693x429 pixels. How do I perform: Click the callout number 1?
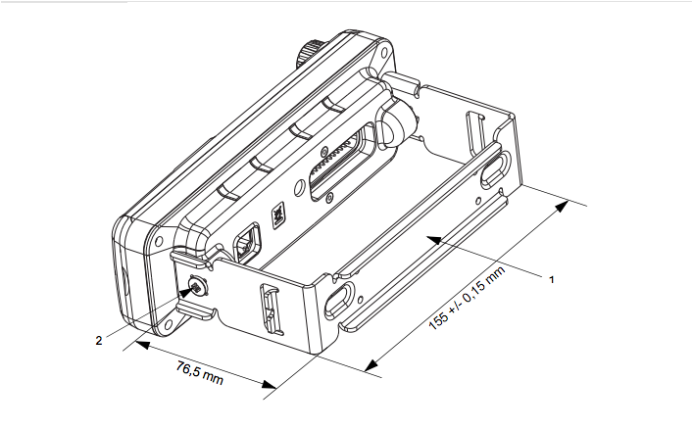pyautogui.click(x=551, y=279)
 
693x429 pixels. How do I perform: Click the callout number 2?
pyautogui.click(x=99, y=340)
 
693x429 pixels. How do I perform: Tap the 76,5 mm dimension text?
pyautogui.click(x=199, y=372)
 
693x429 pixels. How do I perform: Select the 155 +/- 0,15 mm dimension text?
pyautogui.click(x=467, y=298)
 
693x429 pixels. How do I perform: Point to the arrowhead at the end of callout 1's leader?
pyautogui.click(x=433, y=240)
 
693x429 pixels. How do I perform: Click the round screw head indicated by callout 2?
pyautogui.click(x=198, y=287)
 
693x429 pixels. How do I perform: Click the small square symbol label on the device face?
pyautogui.click(x=278, y=215)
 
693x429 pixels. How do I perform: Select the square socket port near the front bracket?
pyautogui.click(x=247, y=242)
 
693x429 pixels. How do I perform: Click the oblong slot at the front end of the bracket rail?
pyautogui.click(x=339, y=301)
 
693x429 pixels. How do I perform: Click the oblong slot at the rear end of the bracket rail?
pyautogui.click(x=495, y=167)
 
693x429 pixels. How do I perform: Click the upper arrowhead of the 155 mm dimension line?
pyautogui.click(x=562, y=207)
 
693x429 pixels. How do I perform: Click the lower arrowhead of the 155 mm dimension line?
pyautogui.click(x=371, y=365)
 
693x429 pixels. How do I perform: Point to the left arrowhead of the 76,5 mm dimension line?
pyautogui.click(x=143, y=344)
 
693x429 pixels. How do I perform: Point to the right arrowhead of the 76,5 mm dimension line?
pyautogui.click(x=269, y=384)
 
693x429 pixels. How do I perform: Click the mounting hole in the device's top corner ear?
pyautogui.click(x=384, y=53)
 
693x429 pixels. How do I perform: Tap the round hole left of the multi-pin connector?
pyautogui.click(x=299, y=187)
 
